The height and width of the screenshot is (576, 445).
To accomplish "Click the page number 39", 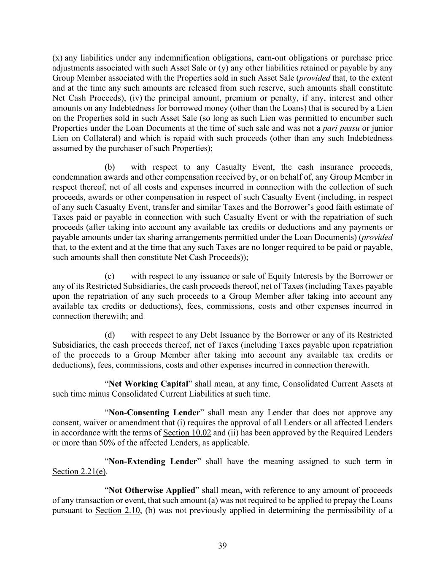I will pos(222,546).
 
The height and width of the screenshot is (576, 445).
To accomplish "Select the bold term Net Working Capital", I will pos(148,384).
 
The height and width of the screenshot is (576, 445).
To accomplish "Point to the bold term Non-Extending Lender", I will pos(153,462).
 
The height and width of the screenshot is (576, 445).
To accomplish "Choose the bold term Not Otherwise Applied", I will pos(152,490).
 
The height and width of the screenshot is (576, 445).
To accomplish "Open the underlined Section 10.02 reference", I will pos(187,433).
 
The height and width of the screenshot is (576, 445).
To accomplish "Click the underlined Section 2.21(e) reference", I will pos(79,472).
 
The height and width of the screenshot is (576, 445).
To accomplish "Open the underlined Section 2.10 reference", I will pos(118,511).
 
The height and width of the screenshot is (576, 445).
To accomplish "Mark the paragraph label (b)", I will pos(110,167).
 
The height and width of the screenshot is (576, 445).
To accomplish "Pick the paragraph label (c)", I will pos(110,276).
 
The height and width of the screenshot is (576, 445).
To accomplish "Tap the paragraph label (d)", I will pos(110,335).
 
